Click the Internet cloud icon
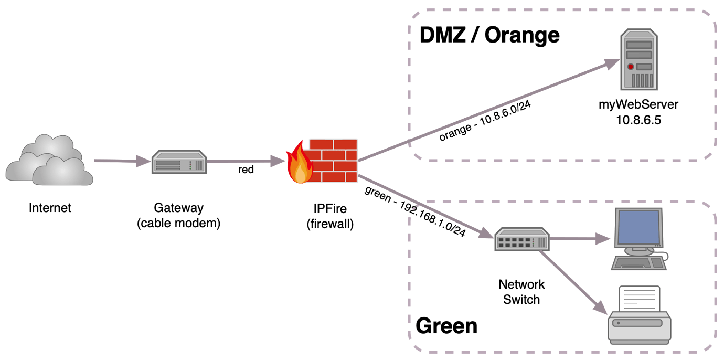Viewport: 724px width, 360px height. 49,160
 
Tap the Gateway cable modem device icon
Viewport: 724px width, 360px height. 179,162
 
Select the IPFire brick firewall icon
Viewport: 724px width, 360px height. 322,161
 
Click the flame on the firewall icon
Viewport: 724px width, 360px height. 300,163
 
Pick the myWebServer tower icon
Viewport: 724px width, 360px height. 639,59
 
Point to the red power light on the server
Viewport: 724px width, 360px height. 630,67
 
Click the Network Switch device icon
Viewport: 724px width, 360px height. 521,239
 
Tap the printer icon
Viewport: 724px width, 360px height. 640,315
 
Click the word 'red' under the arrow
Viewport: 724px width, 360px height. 246,170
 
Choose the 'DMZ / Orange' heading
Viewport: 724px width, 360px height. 489,35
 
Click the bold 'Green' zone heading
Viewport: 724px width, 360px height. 446,326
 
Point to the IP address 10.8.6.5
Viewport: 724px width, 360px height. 638,120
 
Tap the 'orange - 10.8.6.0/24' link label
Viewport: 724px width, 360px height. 485,121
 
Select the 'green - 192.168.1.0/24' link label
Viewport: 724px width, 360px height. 415,211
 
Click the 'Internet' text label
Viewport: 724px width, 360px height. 50,208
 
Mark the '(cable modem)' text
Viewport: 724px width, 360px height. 179,224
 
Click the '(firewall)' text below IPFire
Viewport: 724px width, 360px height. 330,224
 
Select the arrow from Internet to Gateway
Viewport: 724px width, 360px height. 123,161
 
